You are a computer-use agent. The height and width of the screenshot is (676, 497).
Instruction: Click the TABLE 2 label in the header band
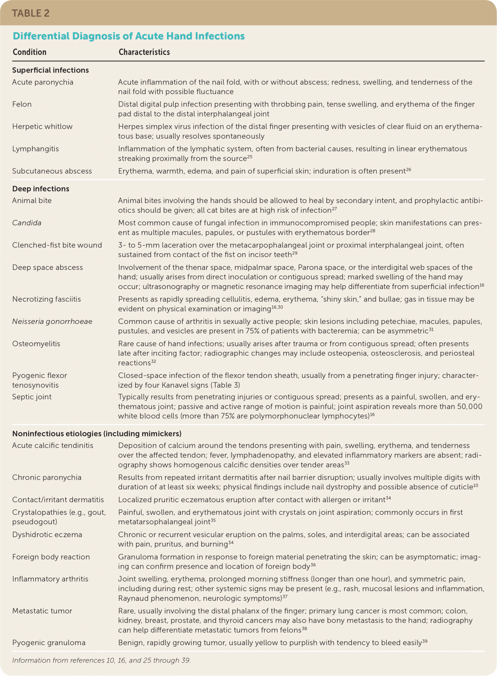click(31, 14)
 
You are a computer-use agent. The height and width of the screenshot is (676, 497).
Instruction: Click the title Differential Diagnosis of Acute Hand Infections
click(129, 36)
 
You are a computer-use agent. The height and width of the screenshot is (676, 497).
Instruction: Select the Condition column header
click(30, 52)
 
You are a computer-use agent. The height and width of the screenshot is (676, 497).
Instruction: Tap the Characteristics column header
click(144, 52)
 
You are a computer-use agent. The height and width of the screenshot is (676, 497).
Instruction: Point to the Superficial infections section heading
click(51, 70)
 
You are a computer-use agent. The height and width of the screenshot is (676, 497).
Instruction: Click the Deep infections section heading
click(41, 189)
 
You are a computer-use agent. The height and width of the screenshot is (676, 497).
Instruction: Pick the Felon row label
click(22, 104)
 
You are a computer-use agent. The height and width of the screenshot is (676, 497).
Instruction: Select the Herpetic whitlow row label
click(42, 126)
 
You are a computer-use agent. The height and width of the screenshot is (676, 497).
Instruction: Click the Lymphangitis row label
click(36, 149)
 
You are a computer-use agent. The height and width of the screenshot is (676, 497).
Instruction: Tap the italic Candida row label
click(27, 223)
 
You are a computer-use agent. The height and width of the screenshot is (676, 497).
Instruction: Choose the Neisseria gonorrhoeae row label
click(52, 322)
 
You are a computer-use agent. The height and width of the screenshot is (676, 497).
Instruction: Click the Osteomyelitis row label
click(36, 344)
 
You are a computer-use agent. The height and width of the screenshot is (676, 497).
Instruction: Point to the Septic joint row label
click(32, 397)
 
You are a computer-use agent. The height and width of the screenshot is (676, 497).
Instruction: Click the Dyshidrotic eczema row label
click(47, 535)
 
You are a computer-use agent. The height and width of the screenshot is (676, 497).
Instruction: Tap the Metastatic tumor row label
click(42, 611)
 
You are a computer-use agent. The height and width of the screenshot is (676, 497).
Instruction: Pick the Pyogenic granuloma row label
click(49, 643)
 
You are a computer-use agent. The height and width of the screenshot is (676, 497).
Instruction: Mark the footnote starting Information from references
click(102, 660)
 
